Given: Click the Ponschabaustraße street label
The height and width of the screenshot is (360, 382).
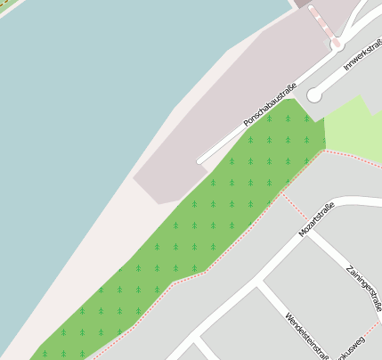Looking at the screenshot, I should point(269,105).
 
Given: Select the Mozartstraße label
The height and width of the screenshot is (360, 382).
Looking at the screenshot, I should point(316,219).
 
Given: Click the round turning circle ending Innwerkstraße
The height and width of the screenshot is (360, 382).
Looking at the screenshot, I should point(314,95).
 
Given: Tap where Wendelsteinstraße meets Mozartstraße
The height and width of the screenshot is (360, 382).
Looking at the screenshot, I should point(258,284).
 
